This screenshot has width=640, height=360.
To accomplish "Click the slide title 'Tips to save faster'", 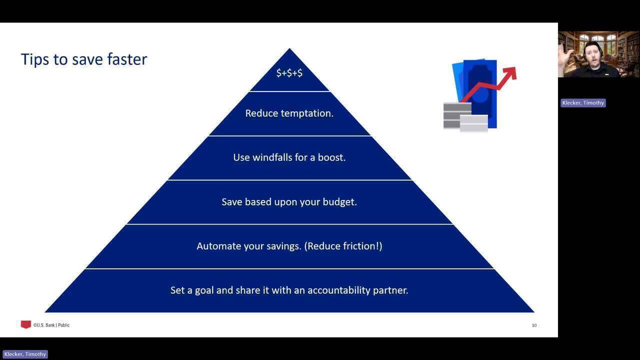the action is (84, 59).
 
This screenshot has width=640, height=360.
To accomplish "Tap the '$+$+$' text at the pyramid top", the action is (289, 73).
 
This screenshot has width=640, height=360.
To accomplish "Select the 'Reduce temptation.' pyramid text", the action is (289, 113).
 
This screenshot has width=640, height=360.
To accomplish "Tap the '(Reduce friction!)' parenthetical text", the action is (343, 246).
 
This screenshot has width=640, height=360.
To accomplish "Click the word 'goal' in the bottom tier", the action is (204, 290).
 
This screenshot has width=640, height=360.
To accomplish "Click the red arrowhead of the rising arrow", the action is (511, 72).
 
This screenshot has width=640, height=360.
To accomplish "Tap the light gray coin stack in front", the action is (473, 123).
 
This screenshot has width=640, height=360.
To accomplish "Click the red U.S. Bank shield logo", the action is (25, 324).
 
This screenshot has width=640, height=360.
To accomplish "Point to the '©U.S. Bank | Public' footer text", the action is (51, 325).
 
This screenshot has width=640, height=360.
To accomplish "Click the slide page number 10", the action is (534, 325).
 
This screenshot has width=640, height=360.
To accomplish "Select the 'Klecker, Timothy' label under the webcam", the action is (583, 103).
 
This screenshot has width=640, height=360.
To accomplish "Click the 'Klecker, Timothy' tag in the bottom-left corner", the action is (25, 354).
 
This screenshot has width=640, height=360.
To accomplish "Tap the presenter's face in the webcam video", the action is (593, 54).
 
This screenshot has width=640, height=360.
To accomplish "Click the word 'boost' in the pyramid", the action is (331, 157).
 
